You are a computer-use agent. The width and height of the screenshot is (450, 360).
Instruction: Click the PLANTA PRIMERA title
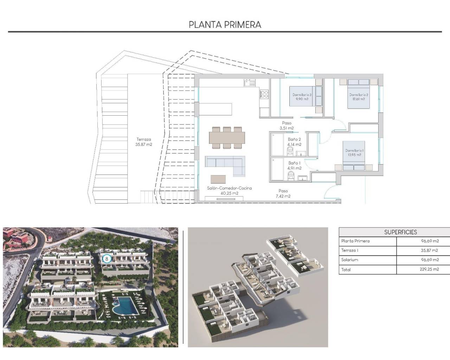tap(225, 25)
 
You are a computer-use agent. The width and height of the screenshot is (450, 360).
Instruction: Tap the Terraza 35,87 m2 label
tap(143, 142)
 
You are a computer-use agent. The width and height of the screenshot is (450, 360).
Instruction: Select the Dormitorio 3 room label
tap(302, 97)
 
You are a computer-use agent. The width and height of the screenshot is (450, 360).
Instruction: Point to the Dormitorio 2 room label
tap(359, 97)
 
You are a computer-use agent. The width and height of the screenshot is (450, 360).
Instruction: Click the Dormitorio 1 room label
tap(354, 152)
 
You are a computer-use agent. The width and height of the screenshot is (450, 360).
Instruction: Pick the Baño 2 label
tap(294, 142)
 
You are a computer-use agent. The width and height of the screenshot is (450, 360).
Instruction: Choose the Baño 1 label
tap(294, 166)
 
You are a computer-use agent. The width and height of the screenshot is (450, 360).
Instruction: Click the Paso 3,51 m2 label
tap(287, 126)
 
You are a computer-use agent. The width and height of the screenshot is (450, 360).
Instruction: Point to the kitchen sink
tap(250, 83)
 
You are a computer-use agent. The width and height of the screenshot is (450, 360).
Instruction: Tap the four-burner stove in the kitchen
tap(264, 94)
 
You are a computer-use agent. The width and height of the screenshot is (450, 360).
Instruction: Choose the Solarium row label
tap(349, 260)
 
